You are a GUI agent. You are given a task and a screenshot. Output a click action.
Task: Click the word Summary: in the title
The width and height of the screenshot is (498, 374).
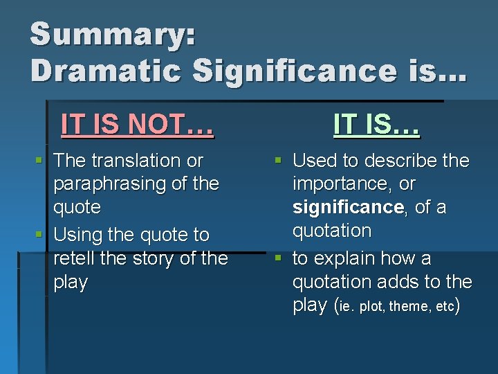pos(113,35)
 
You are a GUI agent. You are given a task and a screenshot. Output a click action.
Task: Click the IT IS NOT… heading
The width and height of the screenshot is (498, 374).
pos(137,125)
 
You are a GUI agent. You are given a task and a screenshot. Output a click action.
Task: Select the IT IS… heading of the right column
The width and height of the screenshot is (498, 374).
pos(376,125)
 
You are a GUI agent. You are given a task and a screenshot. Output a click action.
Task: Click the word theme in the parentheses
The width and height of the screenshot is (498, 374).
pos(408,306)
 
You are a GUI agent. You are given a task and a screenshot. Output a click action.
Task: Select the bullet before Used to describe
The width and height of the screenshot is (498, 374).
pos(277,161)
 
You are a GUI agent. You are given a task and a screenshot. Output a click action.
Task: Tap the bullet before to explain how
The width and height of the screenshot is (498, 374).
pos(277,258)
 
